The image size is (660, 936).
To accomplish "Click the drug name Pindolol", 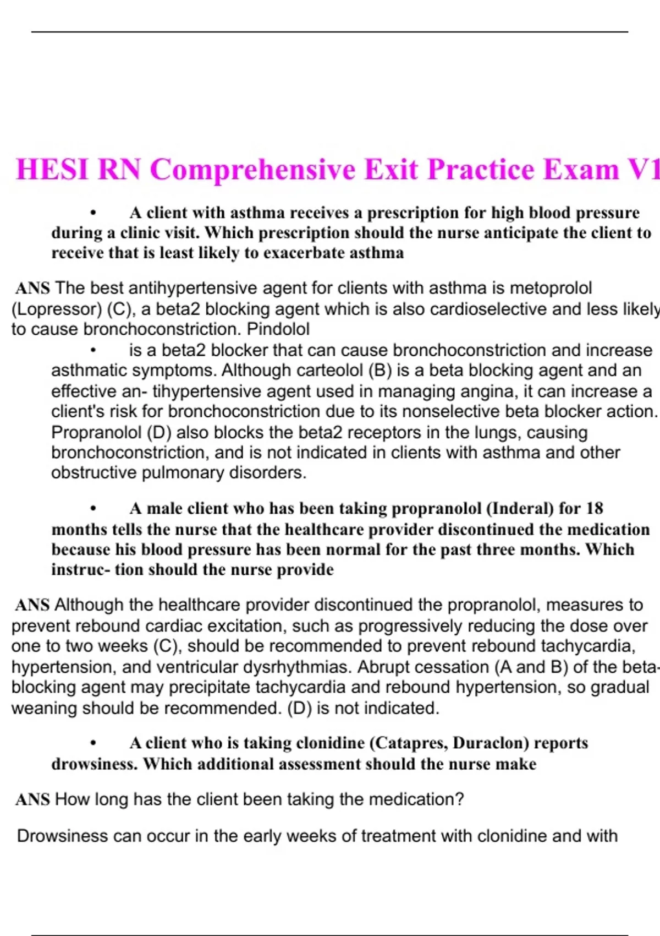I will (278, 329).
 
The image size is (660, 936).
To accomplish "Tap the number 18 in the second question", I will (595, 508).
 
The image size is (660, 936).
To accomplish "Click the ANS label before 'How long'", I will (32, 799).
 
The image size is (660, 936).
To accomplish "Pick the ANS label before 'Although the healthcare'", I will (32, 605).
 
